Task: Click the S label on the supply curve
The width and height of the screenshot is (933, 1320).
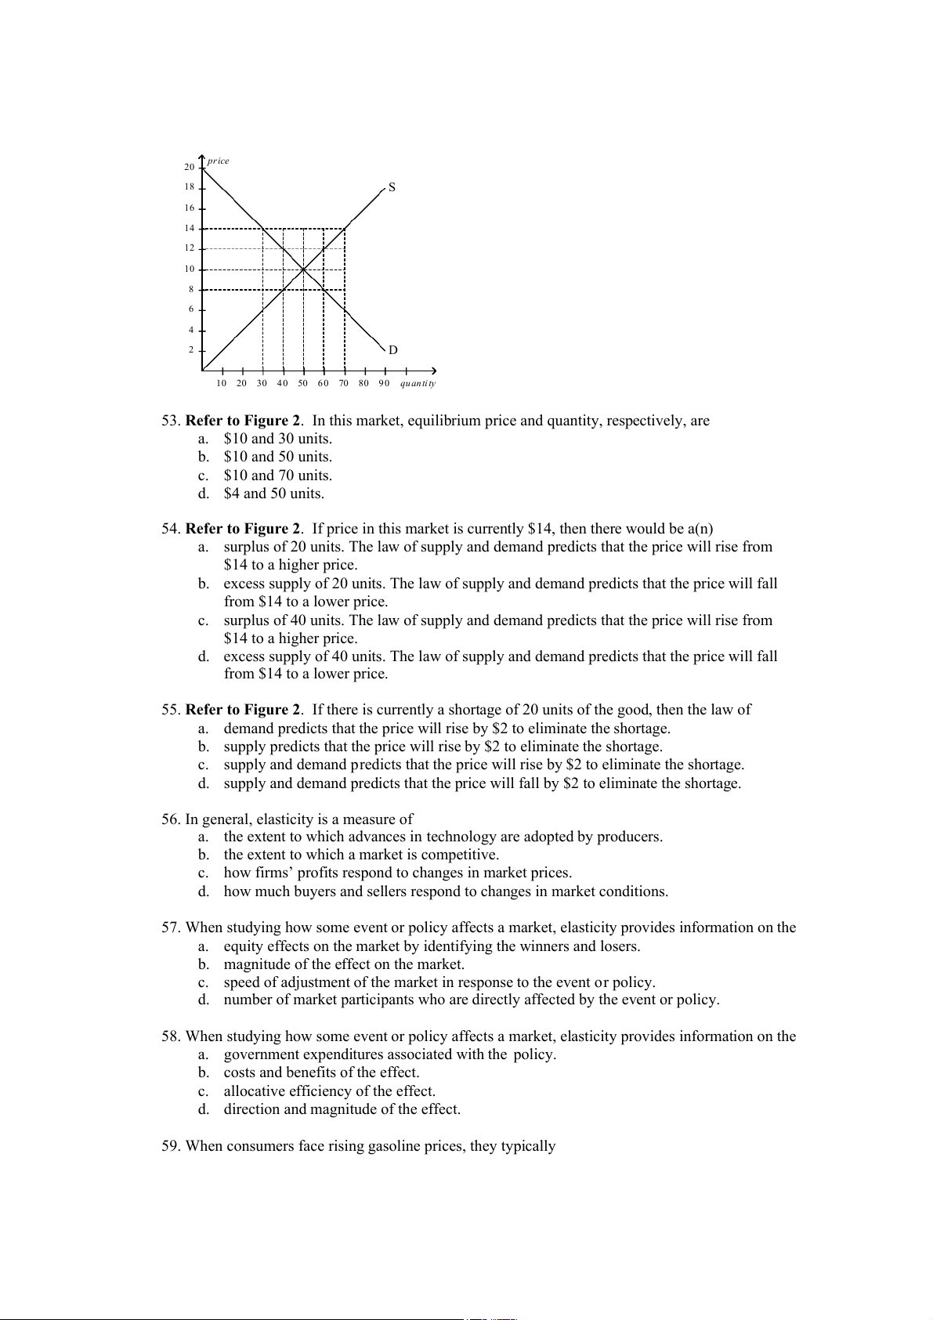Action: [392, 188]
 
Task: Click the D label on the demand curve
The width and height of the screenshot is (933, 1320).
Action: [392, 350]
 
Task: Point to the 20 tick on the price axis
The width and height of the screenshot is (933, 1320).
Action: [190, 167]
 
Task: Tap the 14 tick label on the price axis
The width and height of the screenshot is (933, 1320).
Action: [190, 228]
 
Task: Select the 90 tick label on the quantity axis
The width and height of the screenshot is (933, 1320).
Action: [384, 383]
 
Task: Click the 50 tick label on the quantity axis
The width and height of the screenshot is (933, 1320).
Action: [302, 383]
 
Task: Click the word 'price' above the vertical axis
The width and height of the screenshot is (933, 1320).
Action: [219, 161]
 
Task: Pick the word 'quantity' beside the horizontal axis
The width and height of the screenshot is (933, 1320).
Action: [418, 383]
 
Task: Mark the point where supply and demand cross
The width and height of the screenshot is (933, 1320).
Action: [303, 269]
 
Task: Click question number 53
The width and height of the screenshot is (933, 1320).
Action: [171, 421]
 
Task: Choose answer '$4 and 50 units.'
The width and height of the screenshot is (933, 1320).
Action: [273, 494]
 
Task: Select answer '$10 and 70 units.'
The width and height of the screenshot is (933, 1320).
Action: [277, 476]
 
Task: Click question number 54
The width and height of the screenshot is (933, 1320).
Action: [171, 529]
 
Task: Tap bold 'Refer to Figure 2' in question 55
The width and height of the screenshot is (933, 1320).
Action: [243, 710]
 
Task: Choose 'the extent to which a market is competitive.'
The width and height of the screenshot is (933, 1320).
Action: [361, 855]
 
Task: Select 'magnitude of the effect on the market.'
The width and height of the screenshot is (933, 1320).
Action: [344, 964]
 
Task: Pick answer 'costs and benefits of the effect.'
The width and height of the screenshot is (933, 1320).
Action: [321, 1072]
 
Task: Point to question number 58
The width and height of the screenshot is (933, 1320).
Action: [171, 1036]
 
